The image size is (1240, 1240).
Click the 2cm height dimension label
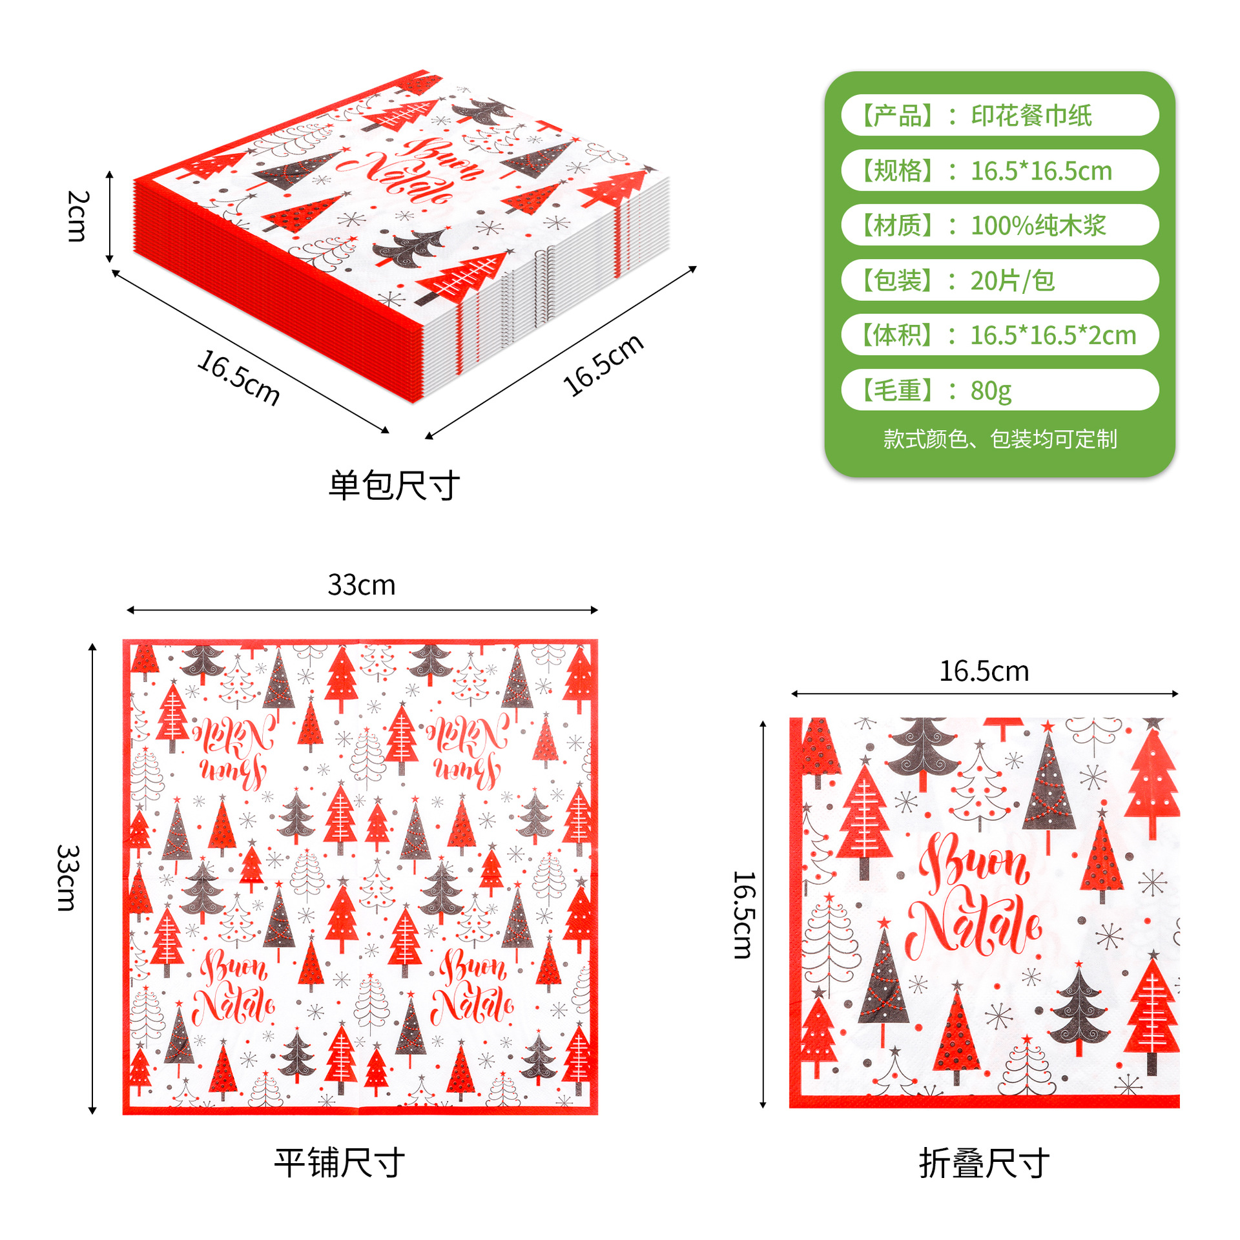(77, 216)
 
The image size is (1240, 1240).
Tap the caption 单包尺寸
(394, 486)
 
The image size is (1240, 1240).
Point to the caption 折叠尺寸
(984, 1163)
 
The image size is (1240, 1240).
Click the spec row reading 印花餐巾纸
(1000, 115)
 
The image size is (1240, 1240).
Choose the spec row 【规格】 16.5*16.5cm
(1000, 170)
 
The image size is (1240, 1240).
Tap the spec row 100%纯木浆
(1000, 225)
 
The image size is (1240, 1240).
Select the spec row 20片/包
(1000, 280)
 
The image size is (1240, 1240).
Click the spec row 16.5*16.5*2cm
(1000, 335)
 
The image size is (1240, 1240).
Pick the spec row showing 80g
(1000, 389)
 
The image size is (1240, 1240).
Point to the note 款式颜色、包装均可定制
(1000, 439)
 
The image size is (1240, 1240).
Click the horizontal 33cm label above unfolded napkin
(362, 584)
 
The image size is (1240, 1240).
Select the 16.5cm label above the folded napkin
(984, 672)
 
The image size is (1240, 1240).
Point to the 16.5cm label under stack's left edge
(238, 378)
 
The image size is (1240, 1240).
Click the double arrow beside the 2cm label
(110, 217)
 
